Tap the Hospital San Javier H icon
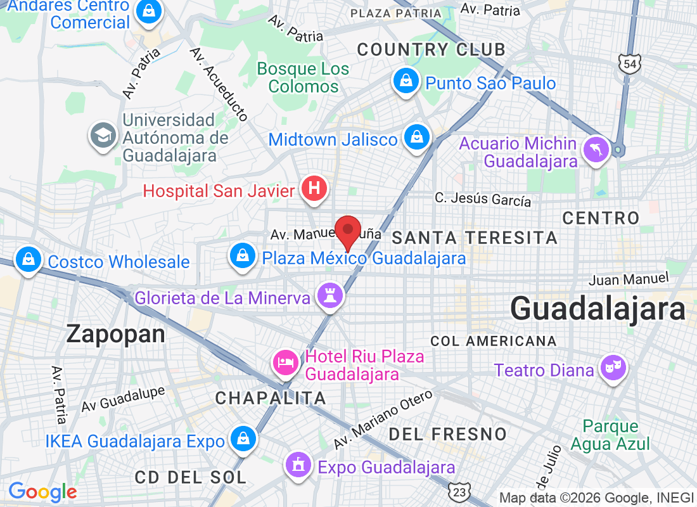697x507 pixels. (x=314, y=189)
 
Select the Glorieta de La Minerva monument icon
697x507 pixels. (x=330, y=295)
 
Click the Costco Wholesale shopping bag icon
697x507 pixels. (x=28, y=259)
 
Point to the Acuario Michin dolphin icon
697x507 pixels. (x=598, y=150)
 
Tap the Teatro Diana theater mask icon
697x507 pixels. (x=613, y=368)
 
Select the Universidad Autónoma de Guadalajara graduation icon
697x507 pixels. (x=102, y=135)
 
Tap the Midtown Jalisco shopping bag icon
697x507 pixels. (x=417, y=136)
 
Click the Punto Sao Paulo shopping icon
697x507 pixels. (x=404, y=80)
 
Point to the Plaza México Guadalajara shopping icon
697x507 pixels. (x=242, y=256)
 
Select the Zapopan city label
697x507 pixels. (x=116, y=334)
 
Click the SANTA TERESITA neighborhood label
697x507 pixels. (x=475, y=238)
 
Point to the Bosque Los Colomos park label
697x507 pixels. (x=303, y=77)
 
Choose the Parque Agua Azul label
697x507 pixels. (x=610, y=435)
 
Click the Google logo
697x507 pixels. (x=42, y=491)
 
